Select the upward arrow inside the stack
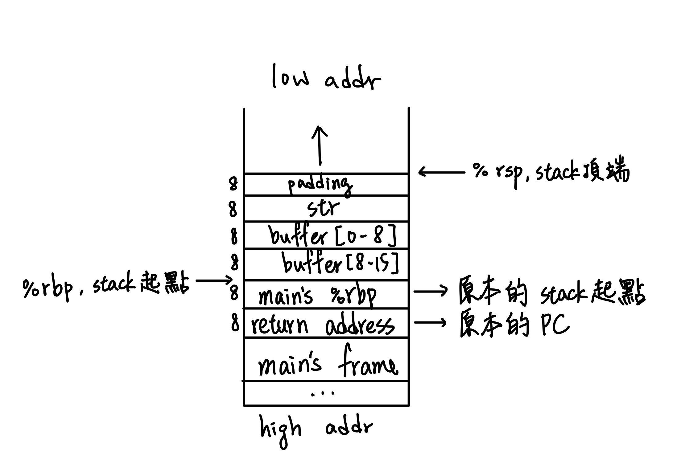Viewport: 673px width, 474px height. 320,145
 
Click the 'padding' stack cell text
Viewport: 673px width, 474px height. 320,185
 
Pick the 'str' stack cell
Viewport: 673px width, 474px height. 323,208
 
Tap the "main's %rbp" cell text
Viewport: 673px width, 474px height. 317,295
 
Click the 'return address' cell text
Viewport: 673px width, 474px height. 322,325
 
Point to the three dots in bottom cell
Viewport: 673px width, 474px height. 323,394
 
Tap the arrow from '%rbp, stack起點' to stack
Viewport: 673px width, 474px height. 214,280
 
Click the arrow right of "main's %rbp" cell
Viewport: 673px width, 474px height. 430,290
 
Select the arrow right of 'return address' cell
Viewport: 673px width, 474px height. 430,322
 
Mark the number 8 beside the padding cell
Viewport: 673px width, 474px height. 233,184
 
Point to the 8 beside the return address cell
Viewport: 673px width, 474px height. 235,323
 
